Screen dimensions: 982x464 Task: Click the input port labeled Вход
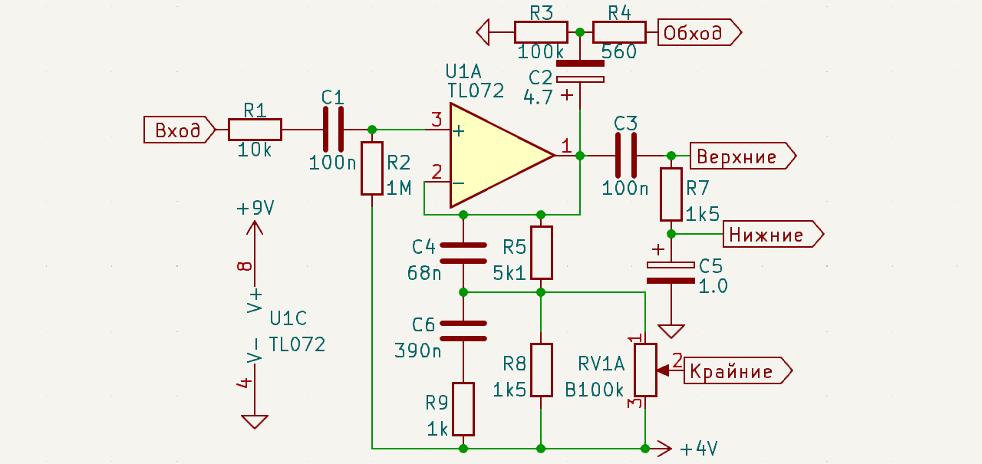180,130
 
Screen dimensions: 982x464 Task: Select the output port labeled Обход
700,32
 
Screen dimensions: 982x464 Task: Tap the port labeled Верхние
743,156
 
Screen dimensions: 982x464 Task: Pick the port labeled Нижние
773,234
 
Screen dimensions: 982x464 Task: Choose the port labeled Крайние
738,370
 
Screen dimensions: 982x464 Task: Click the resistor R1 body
255,130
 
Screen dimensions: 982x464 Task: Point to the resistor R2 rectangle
372,168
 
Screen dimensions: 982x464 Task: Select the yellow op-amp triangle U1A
503,155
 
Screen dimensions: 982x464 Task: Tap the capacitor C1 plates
333,130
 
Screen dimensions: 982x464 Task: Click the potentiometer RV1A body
645,370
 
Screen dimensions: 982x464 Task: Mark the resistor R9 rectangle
463,410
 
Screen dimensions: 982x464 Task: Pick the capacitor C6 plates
463,331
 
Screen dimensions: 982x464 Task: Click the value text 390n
418,350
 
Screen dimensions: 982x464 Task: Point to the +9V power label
255,208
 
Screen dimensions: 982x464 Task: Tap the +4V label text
699,449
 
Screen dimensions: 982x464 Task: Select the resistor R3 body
541,32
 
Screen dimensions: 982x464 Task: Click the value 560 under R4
618,52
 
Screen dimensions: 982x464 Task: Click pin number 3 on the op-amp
437,119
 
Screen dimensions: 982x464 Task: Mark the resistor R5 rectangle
542,253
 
